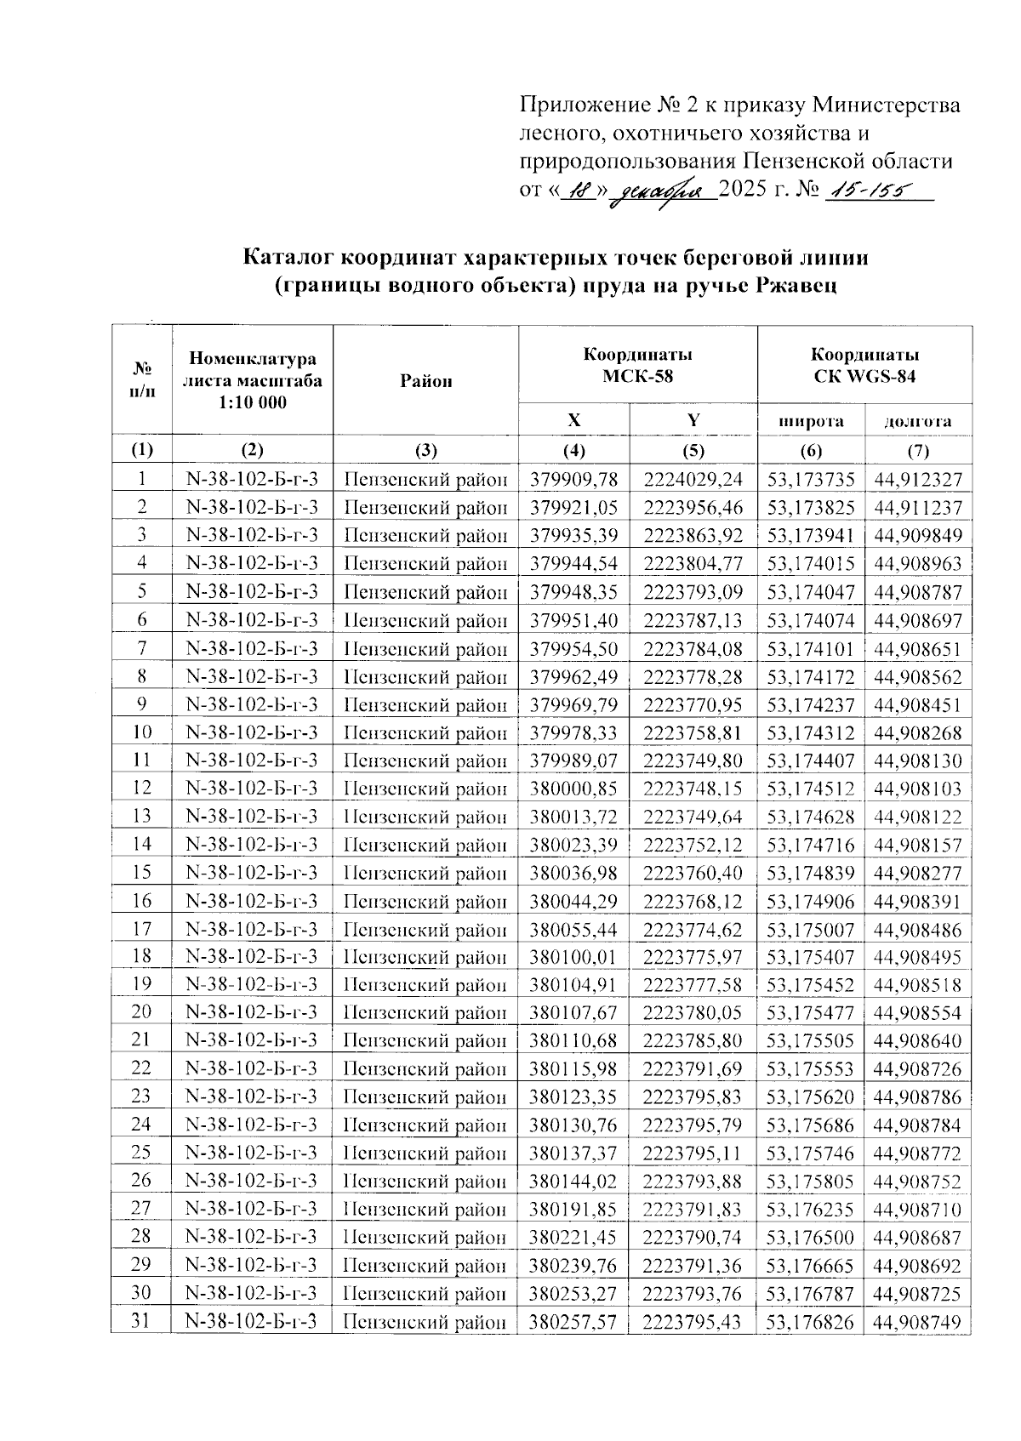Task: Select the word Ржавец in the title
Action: point(796,285)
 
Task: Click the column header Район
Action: point(425,381)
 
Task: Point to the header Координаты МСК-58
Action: point(637,365)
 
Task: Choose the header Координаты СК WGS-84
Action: point(864,365)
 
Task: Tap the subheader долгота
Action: point(917,420)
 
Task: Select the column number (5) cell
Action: point(693,450)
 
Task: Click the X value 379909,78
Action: point(573,480)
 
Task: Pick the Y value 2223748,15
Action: point(693,789)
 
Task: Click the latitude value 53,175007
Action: point(810,929)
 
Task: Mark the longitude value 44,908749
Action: point(917,1322)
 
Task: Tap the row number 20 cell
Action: point(142,1012)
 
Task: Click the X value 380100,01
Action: point(573,957)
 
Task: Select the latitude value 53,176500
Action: point(810,1238)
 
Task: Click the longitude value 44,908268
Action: point(917,732)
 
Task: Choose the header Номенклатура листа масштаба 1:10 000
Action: point(252,380)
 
